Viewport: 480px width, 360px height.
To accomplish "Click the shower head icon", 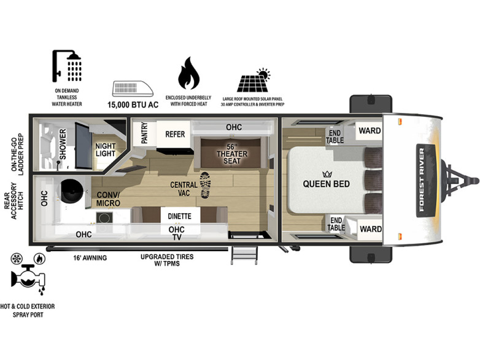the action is tap(67, 66).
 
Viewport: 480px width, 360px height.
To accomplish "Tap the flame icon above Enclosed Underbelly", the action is tap(188, 73).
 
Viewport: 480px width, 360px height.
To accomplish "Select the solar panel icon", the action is tap(254, 80).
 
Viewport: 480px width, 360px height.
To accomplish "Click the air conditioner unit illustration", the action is tap(133, 88).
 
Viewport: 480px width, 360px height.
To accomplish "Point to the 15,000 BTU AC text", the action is tap(133, 105).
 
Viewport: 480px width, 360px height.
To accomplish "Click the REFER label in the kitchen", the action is tap(175, 134).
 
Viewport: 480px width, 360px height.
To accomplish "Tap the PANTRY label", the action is tap(144, 133).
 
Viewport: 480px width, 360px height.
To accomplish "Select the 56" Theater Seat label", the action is tap(232, 154).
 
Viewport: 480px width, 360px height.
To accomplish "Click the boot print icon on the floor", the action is tap(206, 185).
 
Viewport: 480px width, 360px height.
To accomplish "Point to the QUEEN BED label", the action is tap(327, 184).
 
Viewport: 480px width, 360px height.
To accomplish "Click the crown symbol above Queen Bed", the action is tap(327, 174).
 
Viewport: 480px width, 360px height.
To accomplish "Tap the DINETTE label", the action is tap(179, 216).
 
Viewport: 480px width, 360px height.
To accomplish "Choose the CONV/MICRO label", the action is tap(108, 199).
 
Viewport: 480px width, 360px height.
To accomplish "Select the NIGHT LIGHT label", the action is tap(106, 150).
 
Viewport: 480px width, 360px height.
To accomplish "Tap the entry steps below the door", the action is tap(244, 254).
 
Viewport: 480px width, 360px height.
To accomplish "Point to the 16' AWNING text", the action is tap(90, 257).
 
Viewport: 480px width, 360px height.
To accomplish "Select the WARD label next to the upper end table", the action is tap(370, 131).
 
